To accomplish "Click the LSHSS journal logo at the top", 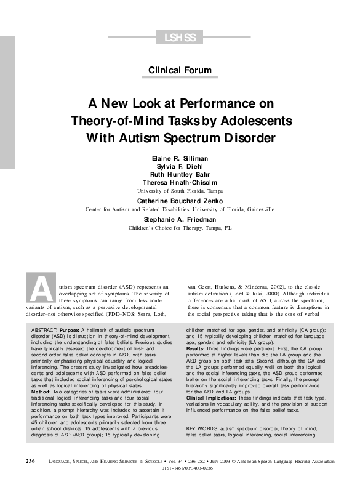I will (x=180, y=38).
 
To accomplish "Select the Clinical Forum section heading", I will (x=180, y=70).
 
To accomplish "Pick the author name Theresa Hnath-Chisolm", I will (x=180, y=183).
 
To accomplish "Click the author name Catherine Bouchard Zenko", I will (x=180, y=201).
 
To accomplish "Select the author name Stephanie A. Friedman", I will (x=180, y=219).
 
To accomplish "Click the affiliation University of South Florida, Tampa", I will (x=180, y=191).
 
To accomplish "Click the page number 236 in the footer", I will (x=30, y=460).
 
